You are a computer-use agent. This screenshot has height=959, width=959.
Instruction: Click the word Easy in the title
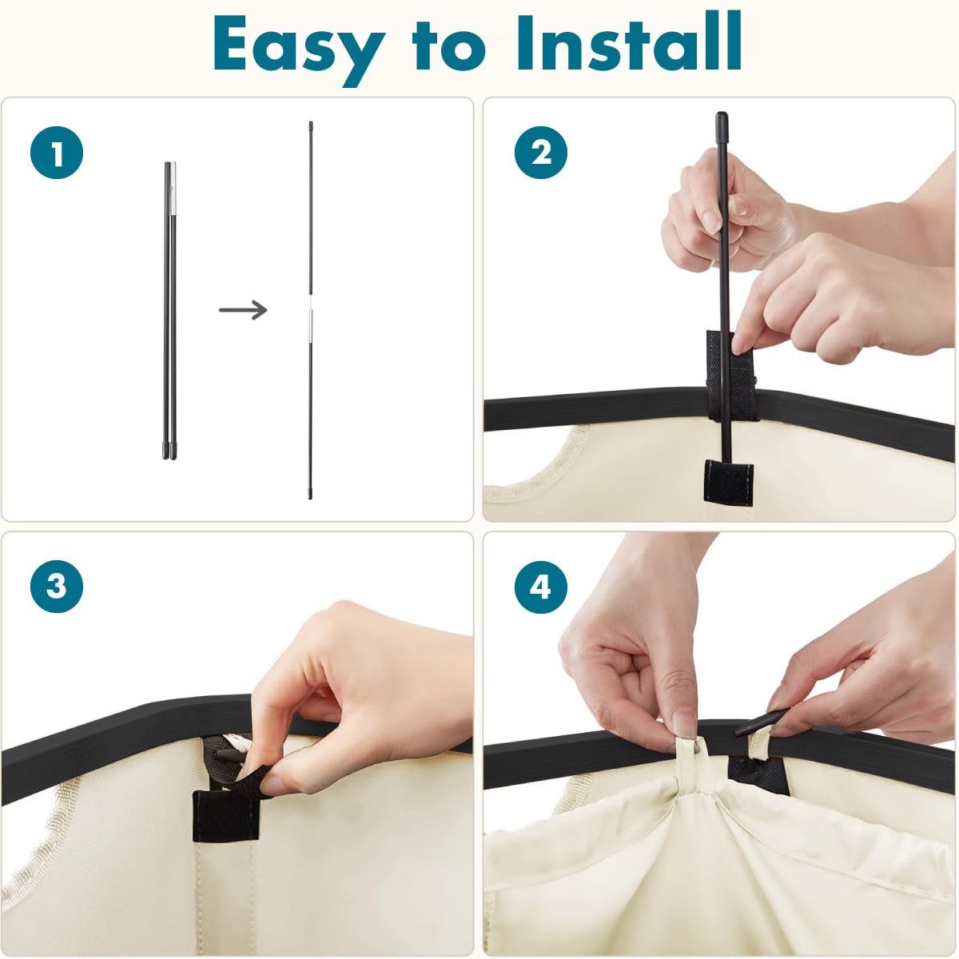299,50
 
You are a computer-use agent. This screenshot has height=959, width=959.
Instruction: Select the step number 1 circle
57,153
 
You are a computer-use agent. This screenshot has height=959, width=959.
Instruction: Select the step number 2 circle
540,153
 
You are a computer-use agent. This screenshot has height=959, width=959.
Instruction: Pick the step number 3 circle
57,587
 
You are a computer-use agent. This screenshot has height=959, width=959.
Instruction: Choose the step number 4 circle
540,587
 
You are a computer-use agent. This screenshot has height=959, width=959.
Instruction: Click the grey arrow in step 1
243,309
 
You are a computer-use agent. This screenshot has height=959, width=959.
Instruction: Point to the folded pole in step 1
170,310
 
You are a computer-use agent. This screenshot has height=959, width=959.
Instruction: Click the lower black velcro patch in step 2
728,483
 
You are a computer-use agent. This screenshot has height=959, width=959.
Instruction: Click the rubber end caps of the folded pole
169,449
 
